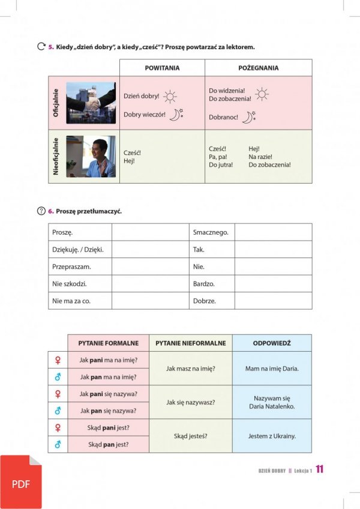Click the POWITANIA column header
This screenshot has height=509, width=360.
[x=162, y=68]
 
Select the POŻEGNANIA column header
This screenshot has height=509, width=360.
[x=258, y=68]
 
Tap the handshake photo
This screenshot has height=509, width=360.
[x=91, y=103]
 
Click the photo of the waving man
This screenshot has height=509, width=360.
[x=91, y=157]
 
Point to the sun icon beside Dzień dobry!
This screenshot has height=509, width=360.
[x=170, y=96]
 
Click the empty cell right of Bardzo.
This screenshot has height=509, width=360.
[x=273, y=283]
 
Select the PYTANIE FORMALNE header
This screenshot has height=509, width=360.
[x=108, y=343]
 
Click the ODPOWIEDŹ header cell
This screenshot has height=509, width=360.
[x=272, y=343]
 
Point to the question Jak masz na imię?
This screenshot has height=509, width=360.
[x=190, y=369]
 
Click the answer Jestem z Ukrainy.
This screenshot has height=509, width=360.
[x=272, y=436]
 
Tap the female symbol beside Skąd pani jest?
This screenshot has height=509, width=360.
[x=58, y=428]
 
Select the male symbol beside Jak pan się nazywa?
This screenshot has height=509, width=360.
[x=58, y=411]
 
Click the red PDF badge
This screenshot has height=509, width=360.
[x=21, y=482]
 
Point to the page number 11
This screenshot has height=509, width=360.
[x=320, y=470]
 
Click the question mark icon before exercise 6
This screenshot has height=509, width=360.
[x=41, y=211]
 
